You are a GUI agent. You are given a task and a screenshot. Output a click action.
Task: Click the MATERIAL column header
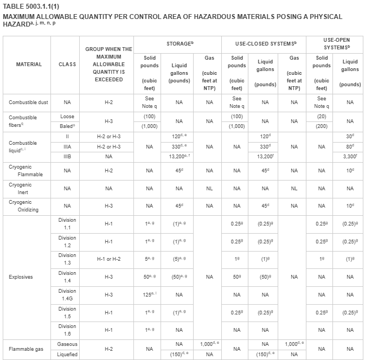tap(29, 64)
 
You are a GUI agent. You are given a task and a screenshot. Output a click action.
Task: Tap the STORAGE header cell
tap(178, 43)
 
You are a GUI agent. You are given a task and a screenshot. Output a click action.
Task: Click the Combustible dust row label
tap(28, 102)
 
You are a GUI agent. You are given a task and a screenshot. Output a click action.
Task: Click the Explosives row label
tap(21, 277)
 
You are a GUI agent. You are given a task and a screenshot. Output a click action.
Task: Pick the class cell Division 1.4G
tap(67, 294)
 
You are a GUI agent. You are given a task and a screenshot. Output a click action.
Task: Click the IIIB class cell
tap(67, 156)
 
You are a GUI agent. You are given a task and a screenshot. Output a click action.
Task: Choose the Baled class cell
tap(67, 126)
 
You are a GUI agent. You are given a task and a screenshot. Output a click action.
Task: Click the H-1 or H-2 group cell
tap(108, 259)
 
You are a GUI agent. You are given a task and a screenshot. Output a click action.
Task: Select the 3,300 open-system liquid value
tap(350, 156)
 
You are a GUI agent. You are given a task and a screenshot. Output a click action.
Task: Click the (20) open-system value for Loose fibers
tap(322, 117)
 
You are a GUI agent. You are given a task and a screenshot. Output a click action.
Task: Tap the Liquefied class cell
tap(67, 355)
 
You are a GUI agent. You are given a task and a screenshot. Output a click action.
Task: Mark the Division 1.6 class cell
tap(67, 330)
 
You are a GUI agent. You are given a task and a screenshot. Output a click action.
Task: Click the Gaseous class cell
tap(67, 344)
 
